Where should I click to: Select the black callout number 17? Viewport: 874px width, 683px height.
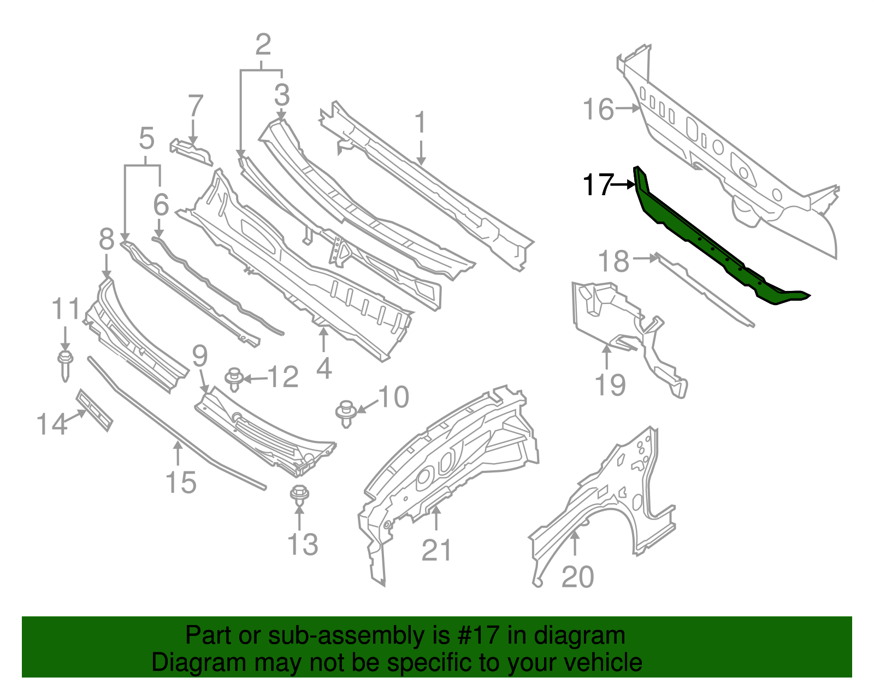click(x=597, y=185)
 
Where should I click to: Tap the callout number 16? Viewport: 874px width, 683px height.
click(x=598, y=109)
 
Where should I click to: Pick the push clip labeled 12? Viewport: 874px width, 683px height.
click(x=234, y=378)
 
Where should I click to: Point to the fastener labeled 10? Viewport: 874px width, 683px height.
click(x=345, y=413)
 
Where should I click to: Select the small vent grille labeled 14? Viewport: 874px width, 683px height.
click(x=95, y=410)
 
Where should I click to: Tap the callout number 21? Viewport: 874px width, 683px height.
click(x=436, y=550)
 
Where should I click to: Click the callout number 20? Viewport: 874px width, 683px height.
click(x=577, y=577)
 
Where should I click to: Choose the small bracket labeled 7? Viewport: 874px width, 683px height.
click(x=191, y=151)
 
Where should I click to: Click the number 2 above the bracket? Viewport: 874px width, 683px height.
click(x=263, y=45)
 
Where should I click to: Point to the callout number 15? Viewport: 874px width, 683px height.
click(x=181, y=482)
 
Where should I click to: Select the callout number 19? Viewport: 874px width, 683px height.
click(x=610, y=384)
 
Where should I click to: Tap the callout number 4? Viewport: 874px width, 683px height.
click(x=324, y=369)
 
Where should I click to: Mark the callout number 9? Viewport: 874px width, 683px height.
click(x=200, y=356)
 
